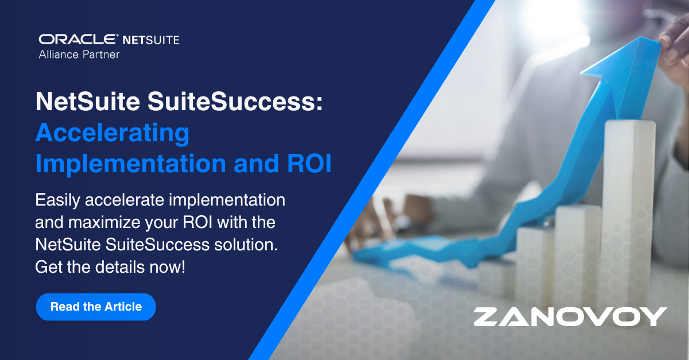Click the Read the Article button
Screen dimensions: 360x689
(96, 307)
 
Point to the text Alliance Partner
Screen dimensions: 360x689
(79, 55)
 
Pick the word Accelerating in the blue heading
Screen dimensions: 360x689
(112, 134)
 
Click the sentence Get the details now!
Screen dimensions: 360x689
(110, 266)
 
